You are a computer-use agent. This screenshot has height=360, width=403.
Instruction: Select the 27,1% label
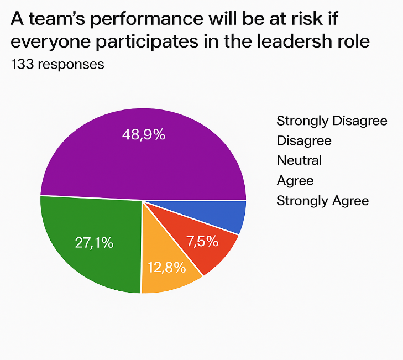(94, 243)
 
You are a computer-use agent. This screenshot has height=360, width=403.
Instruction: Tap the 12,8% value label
(166, 268)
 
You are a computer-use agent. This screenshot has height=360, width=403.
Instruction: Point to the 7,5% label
(202, 241)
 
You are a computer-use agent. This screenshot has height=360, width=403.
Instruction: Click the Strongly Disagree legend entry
(332, 121)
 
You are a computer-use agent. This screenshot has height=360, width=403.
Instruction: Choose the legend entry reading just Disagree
(303, 140)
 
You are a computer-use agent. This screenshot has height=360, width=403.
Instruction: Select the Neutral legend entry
(299, 160)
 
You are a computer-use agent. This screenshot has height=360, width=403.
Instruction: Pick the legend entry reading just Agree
(295, 180)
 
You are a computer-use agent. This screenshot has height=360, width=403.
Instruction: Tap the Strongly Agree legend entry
(322, 200)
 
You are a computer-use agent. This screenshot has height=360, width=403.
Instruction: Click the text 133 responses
(57, 64)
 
